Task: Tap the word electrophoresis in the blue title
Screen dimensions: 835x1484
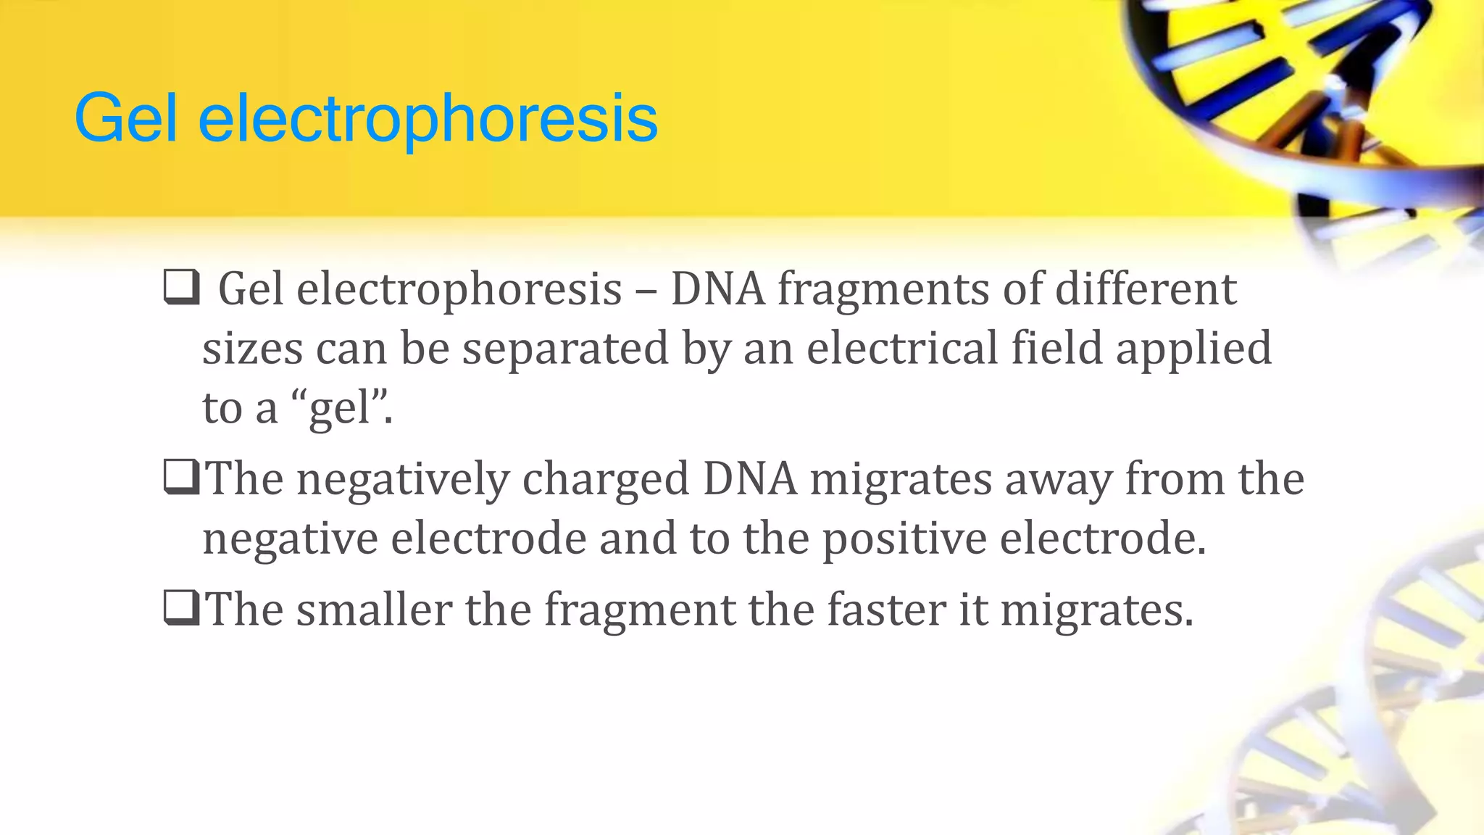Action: point(428,120)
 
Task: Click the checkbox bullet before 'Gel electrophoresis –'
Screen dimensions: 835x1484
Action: point(181,287)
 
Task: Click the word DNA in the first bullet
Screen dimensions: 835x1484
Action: point(717,289)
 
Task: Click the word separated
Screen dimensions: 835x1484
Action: point(565,349)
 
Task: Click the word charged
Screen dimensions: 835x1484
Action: point(606,481)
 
